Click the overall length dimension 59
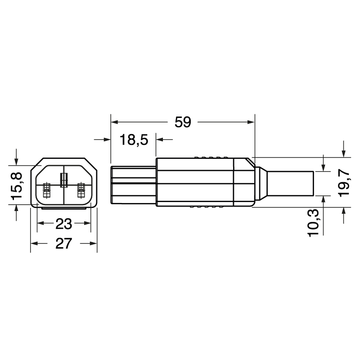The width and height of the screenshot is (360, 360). coord(183,122)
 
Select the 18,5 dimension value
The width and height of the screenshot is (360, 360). coord(134,140)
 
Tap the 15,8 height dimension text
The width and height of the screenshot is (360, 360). coord(17,186)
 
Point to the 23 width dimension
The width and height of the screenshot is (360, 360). coord(64,224)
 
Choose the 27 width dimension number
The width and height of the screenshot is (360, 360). coord(64,244)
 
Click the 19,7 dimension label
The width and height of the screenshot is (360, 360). coord(344,182)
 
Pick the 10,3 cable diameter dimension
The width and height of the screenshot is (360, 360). coord(315,222)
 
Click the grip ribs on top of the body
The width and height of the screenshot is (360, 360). coord(211,157)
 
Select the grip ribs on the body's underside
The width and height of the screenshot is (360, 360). coord(208,207)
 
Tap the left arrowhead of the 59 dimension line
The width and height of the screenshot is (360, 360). coord(114,122)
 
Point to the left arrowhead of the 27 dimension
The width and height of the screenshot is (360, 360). coord(34,244)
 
